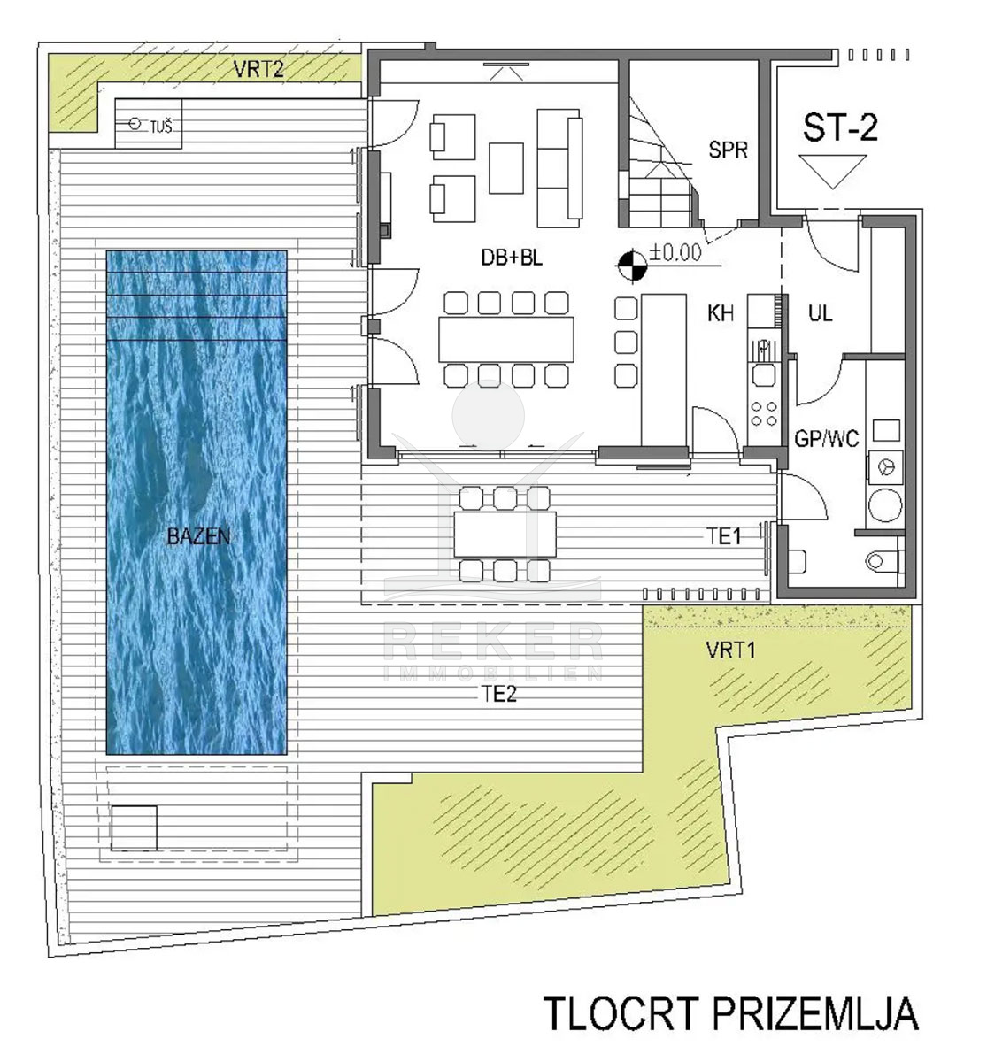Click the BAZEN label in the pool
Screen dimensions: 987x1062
pyautogui.click(x=198, y=535)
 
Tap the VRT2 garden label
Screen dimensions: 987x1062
pyautogui.click(x=258, y=69)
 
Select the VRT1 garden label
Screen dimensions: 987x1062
pyautogui.click(x=731, y=650)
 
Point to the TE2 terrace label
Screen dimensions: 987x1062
pyautogui.click(x=499, y=694)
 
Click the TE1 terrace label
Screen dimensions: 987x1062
pyautogui.click(x=725, y=537)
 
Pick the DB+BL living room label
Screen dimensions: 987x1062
pyautogui.click(x=512, y=258)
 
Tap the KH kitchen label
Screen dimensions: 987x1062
pyautogui.click(x=720, y=313)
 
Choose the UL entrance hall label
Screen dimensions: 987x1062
pyautogui.click(x=820, y=313)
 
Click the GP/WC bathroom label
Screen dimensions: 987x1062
pyautogui.click(x=827, y=439)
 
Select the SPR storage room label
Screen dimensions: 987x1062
pyautogui.click(x=729, y=150)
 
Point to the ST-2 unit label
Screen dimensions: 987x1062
pyautogui.click(x=840, y=127)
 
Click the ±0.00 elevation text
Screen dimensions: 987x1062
pyautogui.click(x=675, y=252)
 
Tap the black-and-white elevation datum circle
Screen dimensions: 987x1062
pyautogui.click(x=632, y=265)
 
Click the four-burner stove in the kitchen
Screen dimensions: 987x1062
pyautogui.click(x=763, y=414)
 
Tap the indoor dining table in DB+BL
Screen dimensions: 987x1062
pyautogui.click(x=505, y=340)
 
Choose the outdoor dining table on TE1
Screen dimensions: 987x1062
pyautogui.click(x=505, y=535)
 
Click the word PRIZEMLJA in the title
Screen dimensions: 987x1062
pyautogui.click(x=815, y=1012)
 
